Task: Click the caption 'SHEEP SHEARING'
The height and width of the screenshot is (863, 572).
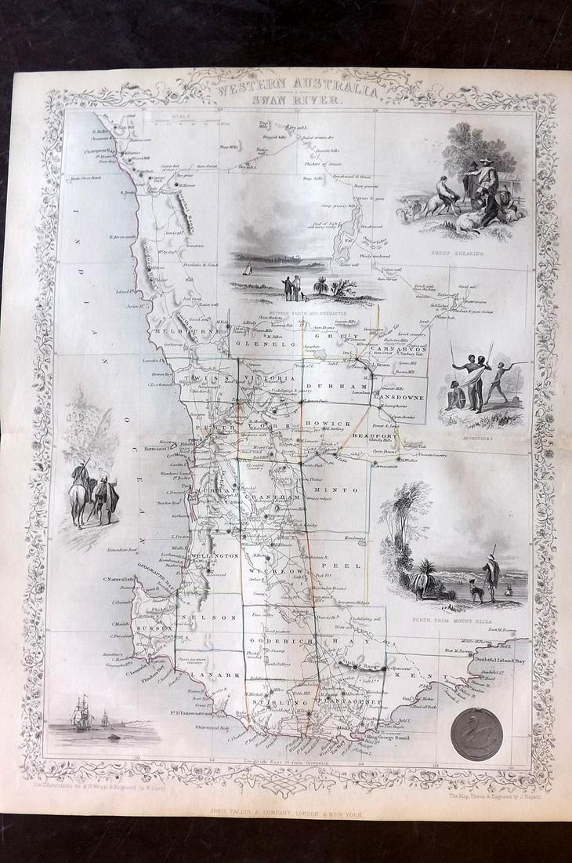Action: point(458,254)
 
